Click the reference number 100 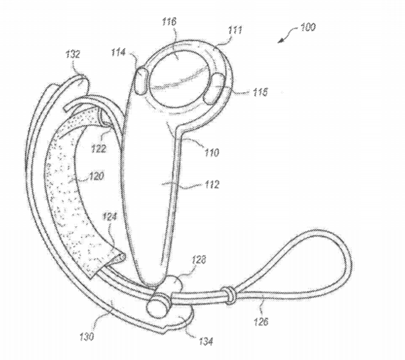tap(308, 27)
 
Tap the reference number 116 tap(169, 21)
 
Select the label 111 tap(235, 30)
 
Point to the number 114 tap(118, 53)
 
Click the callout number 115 tap(260, 92)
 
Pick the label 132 tap(73, 54)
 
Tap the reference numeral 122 tap(98, 148)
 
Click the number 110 tap(212, 153)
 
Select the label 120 tap(96, 176)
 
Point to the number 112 tap(212, 184)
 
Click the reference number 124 tap(109, 217)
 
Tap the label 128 tap(198, 259)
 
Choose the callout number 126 tap(261, 321)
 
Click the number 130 tap(87, 336)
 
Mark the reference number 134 tap(206, 341)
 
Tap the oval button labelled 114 tap(141, 81)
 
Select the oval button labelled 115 tap(213, 88)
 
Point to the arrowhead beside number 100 tap(281, 41)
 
